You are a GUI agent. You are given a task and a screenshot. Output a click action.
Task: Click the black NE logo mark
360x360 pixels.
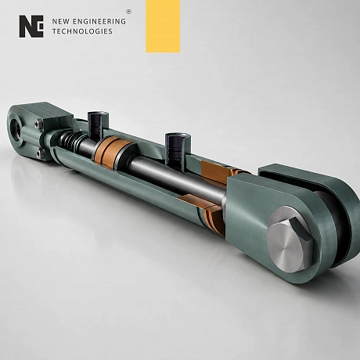click(31, 27)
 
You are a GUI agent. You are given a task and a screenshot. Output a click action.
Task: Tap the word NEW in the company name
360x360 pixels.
click(60, 21)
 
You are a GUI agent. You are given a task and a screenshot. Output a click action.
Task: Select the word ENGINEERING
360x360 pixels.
click(99, 21)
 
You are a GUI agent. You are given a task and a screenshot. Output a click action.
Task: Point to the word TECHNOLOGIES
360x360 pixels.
click(82, 31)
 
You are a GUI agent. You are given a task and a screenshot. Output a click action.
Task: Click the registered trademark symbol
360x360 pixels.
click(128, 12)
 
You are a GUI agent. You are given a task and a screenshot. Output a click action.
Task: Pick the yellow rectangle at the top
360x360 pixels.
click(163, 26)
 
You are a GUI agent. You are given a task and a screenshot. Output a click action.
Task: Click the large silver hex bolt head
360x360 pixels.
click(290, 239)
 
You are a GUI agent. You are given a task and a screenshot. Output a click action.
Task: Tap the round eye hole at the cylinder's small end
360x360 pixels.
click(16, 128)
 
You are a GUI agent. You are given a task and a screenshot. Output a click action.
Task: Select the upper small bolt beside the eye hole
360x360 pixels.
click(39, 124)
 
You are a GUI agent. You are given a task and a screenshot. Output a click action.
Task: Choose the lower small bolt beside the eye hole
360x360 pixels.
click(39, 153)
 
